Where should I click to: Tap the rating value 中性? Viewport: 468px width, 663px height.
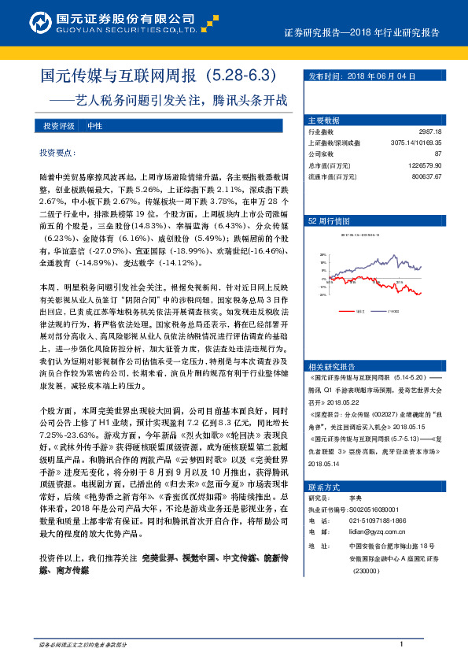point(94,126)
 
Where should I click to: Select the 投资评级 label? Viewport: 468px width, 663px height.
point(59,126)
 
